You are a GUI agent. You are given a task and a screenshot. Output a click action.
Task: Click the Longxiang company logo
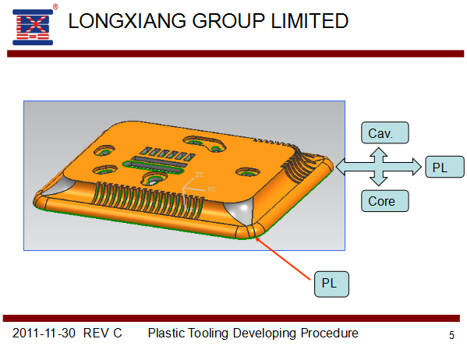[x=33, y=27]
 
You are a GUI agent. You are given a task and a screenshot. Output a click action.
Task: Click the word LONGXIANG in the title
[x=128, y=21]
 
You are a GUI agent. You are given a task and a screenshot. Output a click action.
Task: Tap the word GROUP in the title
[x=228, y=21]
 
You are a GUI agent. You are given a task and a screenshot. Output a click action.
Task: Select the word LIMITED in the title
[x=310, y=21]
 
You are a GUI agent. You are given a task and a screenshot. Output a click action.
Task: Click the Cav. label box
[x=385, y=132]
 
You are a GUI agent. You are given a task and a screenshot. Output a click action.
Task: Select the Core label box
[x=385, y=201]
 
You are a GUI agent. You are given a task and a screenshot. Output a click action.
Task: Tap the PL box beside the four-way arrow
[x=444, y=167]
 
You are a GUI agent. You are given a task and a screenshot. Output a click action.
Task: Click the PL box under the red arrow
[x=331, y=284]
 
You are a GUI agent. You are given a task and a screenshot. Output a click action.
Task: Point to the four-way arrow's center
[x=379, y=167]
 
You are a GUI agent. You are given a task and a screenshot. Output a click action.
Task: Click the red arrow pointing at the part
[x=283, y=259]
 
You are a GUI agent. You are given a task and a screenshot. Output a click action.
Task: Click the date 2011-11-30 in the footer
[x=44, y=334]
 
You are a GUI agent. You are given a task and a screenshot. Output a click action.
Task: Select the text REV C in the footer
[x=103, y=334]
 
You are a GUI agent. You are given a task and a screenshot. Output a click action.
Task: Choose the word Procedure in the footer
[x=329, y=334]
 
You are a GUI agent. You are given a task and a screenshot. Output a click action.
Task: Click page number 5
[x=451, y=335]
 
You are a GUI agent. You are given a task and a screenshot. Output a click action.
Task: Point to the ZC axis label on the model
[x=200, y=175]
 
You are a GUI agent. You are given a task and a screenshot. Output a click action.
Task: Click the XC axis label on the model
[x=212, y=189]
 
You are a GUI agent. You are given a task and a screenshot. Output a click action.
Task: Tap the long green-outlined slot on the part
[x=153, y=167]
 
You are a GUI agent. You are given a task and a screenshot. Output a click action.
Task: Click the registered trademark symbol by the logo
[x=55, y=7]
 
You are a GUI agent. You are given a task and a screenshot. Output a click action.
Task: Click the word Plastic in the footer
[x=167, y=334]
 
